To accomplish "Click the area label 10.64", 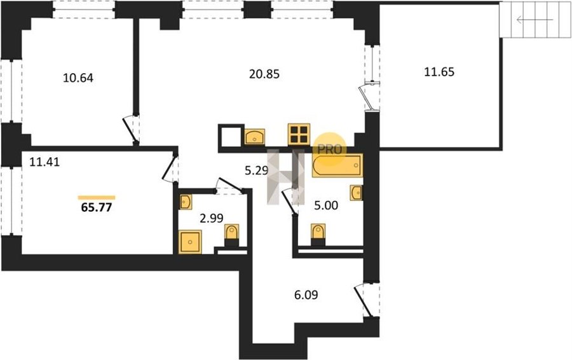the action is point(78,78).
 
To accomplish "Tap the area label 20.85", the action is point(264,74).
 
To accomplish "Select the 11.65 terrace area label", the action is point(439,72).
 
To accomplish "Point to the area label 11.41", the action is point(44,162).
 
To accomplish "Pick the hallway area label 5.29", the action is point(257,170).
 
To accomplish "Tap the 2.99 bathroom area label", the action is point(212,218).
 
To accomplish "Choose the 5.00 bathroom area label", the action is point(326,205).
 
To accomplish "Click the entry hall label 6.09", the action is point(306,294).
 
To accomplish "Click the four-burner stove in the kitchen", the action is point(299,134).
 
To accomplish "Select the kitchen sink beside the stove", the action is point(255,137).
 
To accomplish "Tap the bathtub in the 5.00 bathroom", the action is point(337,165).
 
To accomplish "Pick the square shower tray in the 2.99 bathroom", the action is point(190,242).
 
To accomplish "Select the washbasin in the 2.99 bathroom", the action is point(186,202).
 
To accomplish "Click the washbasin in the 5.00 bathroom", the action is point(356,193).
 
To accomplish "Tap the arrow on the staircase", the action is point(535,20).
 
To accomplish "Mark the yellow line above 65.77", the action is point(97,198).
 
